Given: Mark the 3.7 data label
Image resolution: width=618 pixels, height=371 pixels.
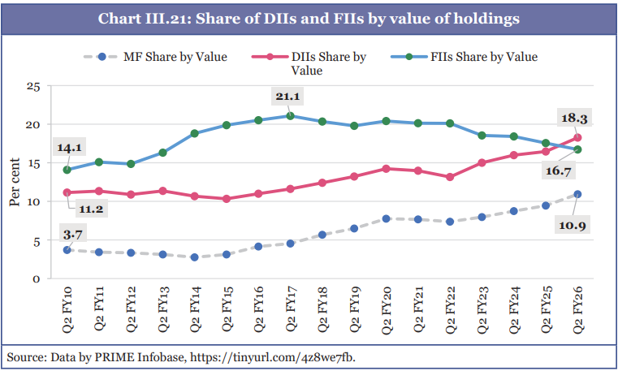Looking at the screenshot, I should pos(71,235).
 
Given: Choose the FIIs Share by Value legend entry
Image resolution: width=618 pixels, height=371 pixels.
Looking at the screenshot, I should pos(484,57).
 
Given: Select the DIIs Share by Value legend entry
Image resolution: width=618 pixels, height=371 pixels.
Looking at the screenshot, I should pos(327,63).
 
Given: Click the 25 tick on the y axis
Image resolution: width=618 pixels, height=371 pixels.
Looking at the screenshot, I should pos(32,86).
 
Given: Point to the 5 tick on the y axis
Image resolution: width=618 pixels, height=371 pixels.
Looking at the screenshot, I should pos(36,240).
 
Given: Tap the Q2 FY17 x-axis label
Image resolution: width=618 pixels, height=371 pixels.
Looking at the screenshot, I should pos(289,309).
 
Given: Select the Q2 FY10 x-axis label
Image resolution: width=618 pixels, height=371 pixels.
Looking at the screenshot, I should pos(67,309).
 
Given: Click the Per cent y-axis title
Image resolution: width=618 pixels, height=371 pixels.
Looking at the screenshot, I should pos(15,183).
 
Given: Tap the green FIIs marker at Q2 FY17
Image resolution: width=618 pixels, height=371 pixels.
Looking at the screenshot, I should pos(289,115).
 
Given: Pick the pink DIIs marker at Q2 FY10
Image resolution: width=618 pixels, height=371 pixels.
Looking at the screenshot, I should pos(67,192).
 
